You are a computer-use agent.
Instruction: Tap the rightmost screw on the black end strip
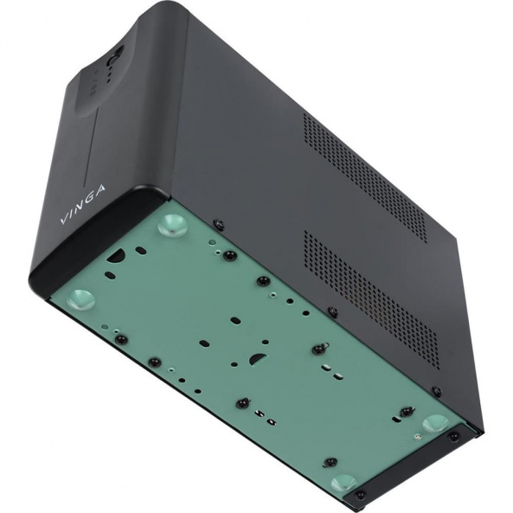(453, 436)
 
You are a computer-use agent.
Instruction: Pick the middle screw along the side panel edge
(332, 311)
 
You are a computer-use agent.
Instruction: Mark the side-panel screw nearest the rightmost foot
(436, 392)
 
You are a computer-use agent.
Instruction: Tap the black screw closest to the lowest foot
(329, 462)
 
